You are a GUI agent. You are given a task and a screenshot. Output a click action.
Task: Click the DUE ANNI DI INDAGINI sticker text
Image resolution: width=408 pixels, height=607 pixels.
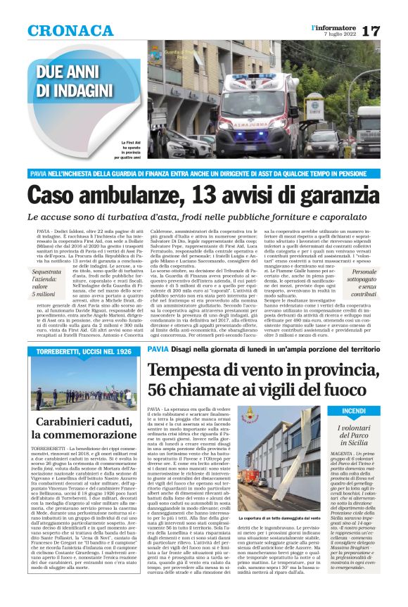(74, 80)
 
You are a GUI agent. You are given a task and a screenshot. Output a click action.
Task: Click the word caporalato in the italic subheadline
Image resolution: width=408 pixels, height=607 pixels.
(340, 218)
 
